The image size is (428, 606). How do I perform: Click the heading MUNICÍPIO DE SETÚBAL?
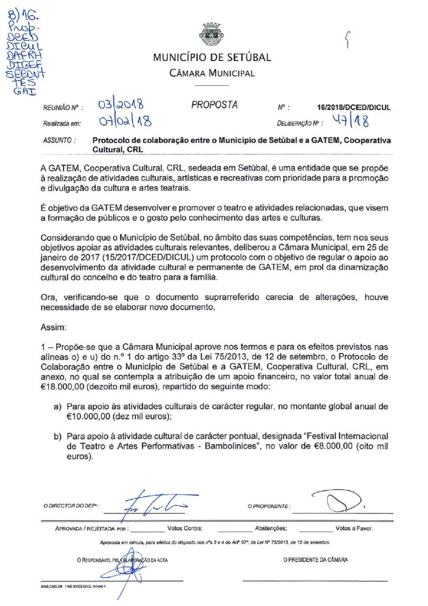[212, 58]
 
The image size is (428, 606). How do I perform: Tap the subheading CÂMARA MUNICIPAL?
[212, 73]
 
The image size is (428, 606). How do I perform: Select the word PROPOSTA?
[214, 105]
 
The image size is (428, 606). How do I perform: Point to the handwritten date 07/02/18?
[125, 123]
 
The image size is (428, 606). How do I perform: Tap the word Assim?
[53, 326]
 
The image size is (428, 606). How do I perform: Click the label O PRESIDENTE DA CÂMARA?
[315, 559]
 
